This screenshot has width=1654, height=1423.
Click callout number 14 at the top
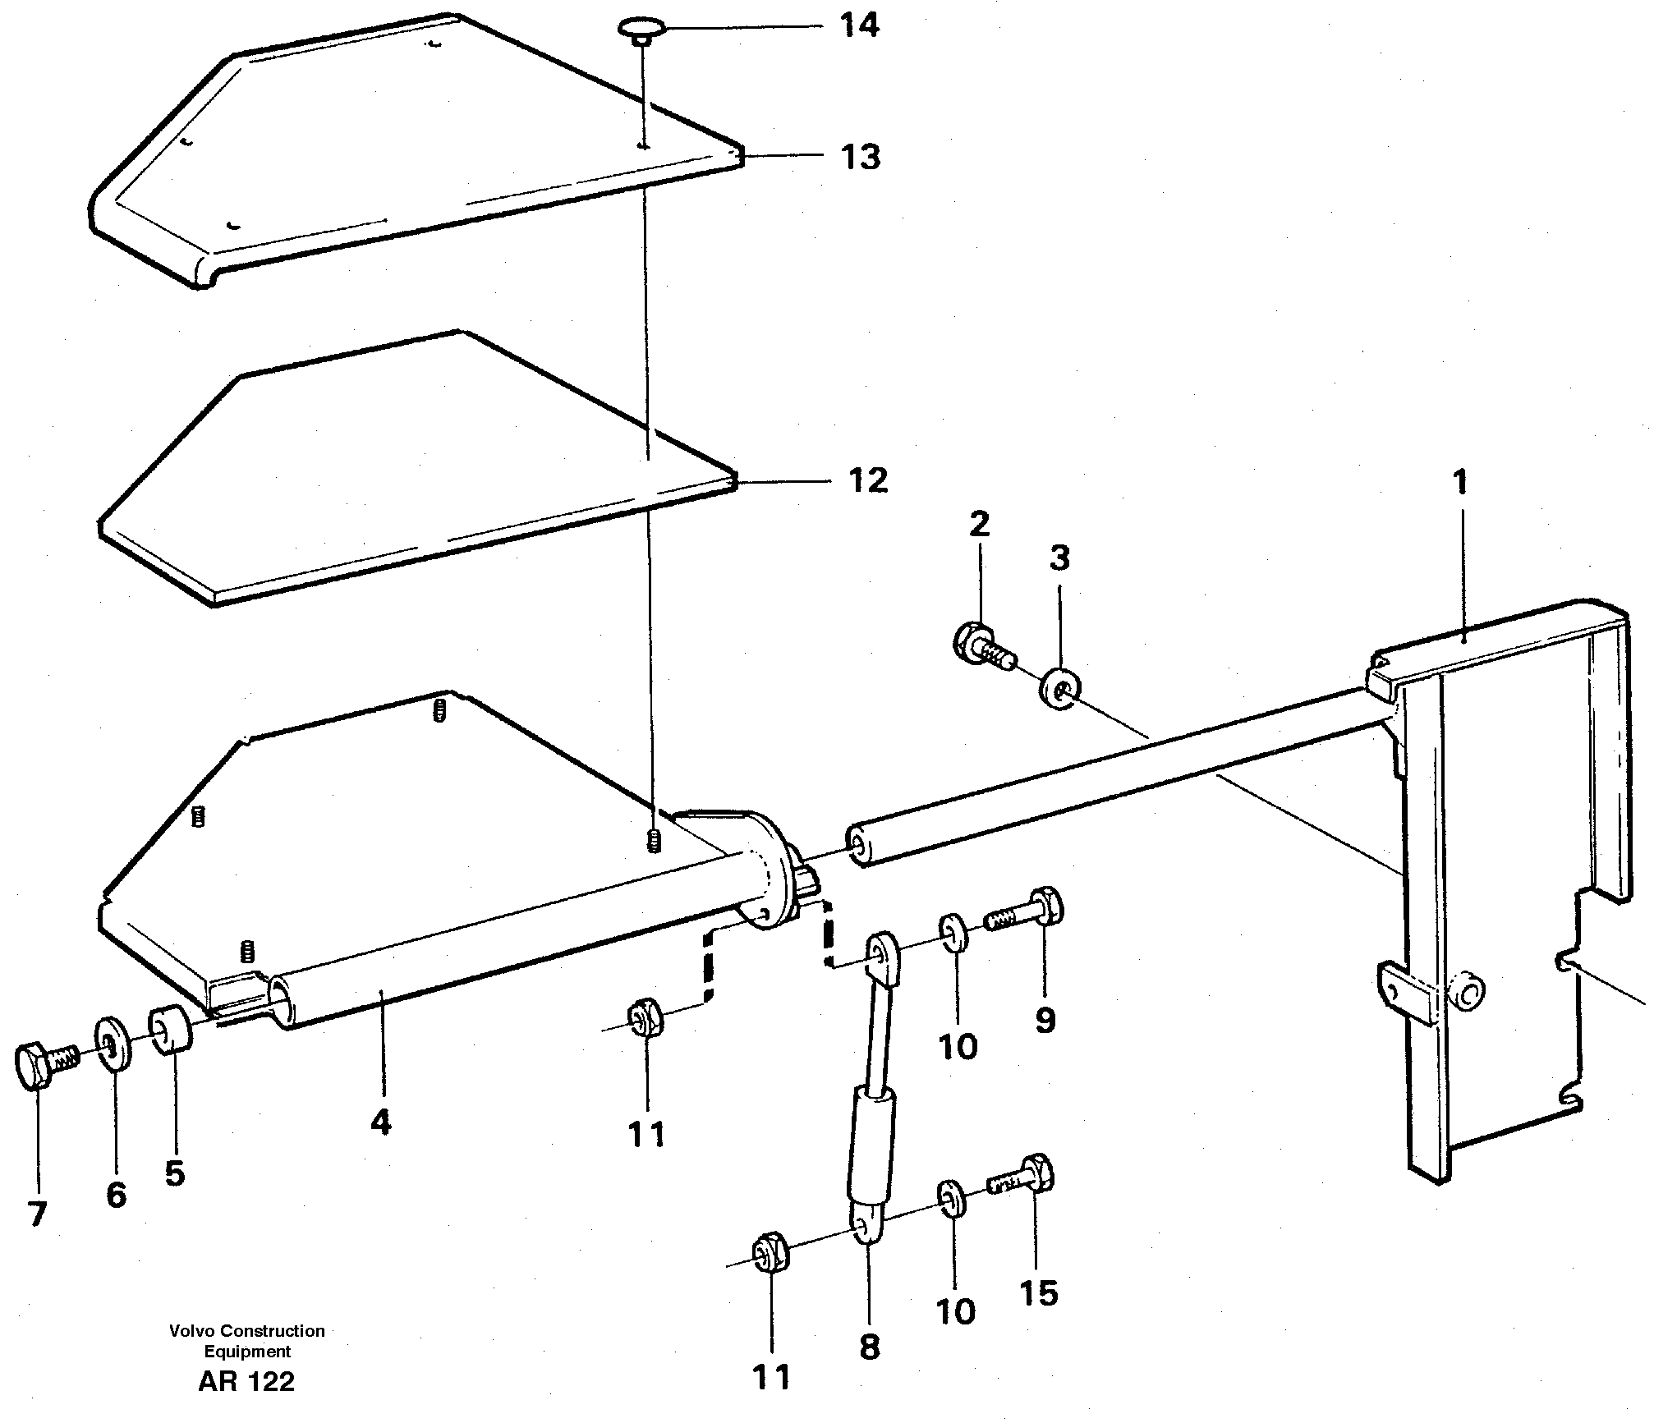[x=859, y=25]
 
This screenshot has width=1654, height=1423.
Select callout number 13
[x=860, y=155]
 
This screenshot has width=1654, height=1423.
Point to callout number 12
[x=868, y=480]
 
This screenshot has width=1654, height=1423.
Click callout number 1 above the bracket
[x=1459, y=483]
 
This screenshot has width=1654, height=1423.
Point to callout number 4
[x=380, y=1122]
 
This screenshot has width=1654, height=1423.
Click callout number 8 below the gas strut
[x=869, y=1347]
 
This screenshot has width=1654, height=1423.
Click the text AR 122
[x=246, y=1381]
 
